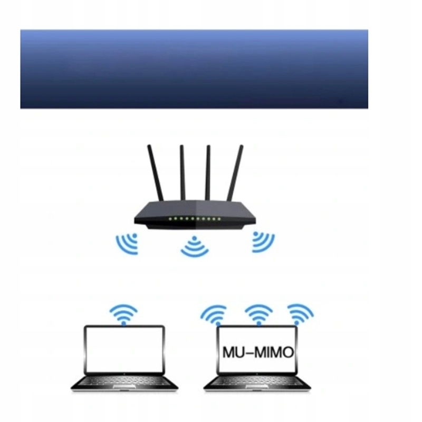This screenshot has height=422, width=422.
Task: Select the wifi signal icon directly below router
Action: point(195,247)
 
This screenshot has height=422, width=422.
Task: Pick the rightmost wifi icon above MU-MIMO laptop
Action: point(300,313)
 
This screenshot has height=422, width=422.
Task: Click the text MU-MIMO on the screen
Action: point(257,352)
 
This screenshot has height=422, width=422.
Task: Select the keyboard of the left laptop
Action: point(124,381)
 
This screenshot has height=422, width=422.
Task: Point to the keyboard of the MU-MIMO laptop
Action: point(257,381)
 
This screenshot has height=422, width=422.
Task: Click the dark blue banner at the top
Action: point(194,69)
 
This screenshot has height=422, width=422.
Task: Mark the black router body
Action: point(195,214)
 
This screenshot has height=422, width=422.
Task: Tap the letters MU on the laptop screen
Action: point(232,352)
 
